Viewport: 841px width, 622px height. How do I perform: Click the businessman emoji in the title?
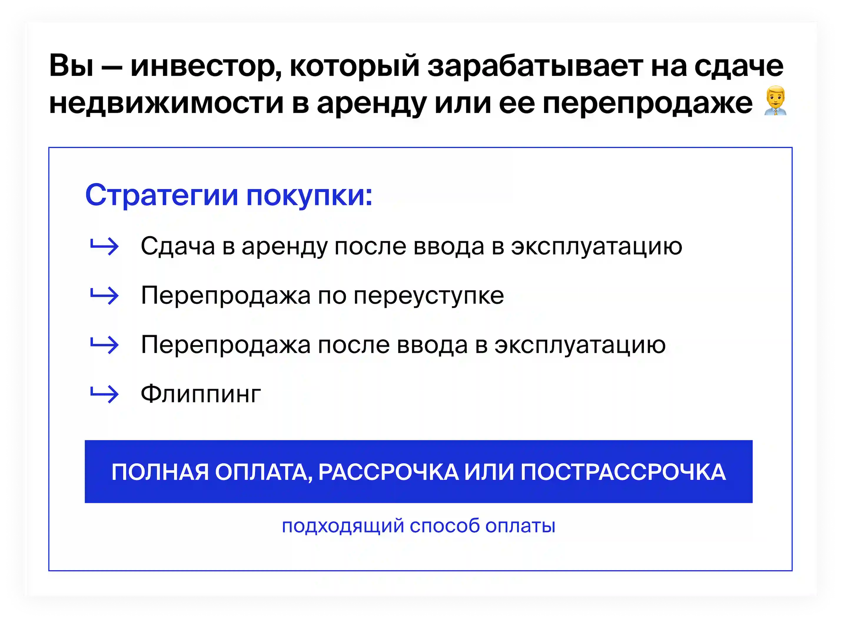click(x=775, y=101)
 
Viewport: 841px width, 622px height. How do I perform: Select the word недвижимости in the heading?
click(x=166, y=103)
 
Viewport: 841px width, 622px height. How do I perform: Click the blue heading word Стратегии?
click(x=162, y=195)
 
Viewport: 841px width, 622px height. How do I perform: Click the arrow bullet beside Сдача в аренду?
click(x=104, y=246)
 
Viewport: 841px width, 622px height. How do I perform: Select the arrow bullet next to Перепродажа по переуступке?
click(x=104, y=296)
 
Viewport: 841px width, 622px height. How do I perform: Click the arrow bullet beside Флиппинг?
click(x=104, y=394)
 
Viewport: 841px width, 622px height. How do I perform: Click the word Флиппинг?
click(x=201, y=394)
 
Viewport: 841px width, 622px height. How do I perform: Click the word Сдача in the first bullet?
click(x=178, y=246)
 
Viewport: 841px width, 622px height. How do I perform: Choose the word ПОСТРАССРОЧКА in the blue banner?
click(x=623, y=472)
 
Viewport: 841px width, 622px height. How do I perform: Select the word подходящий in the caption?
click(x=343, y=526)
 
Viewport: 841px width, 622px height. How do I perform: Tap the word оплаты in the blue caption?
click(x=520, y=526)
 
